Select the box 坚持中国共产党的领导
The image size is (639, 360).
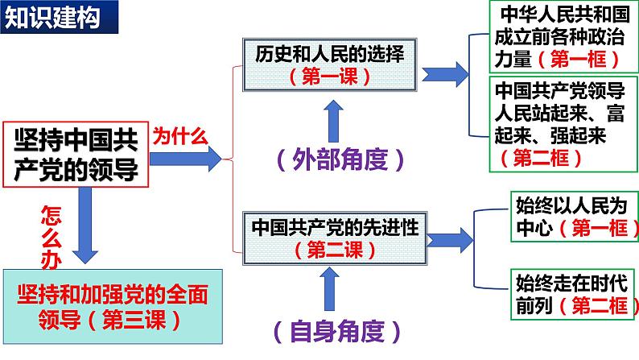[76, 155]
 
